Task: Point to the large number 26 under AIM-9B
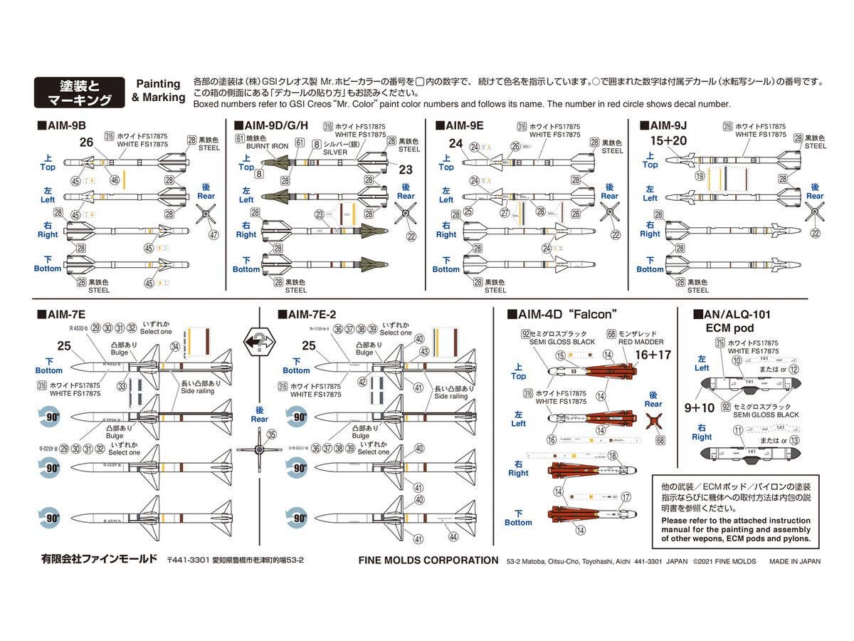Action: point(87,142)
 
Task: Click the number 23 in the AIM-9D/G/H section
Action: point(406,170)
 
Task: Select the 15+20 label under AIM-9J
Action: point(668,140)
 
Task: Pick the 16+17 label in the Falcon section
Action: point(653,354)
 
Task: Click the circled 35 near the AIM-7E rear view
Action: point(271,434)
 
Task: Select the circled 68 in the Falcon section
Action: point(661,440)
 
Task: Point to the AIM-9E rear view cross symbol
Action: point(609,212)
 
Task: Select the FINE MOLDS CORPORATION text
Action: point(428,560)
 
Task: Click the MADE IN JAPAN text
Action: point(794,561)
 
